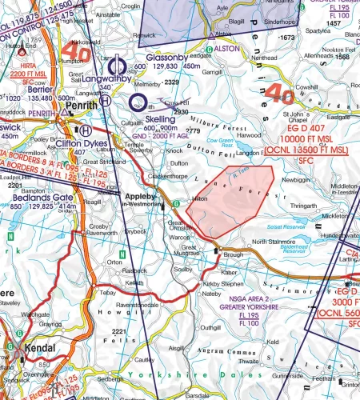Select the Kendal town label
pyautogui.click(x=38, y=350)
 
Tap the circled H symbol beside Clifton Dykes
pyautogui.click(x=85, y=130)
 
